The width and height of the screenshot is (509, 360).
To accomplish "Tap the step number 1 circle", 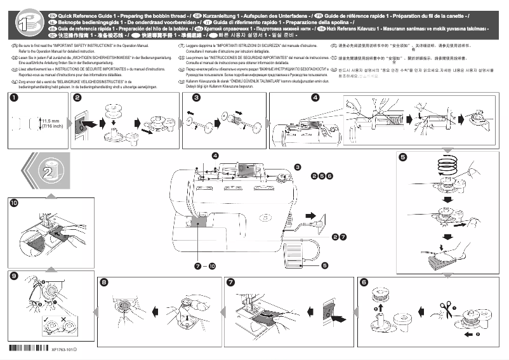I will coord(13,98).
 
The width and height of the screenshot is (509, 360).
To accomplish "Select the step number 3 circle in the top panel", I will coord(197,98).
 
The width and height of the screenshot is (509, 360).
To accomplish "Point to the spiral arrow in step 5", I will coord(446,166).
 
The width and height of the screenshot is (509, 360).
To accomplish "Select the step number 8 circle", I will coord(105,282).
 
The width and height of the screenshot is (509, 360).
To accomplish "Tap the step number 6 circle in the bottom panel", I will coord(364,282).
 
